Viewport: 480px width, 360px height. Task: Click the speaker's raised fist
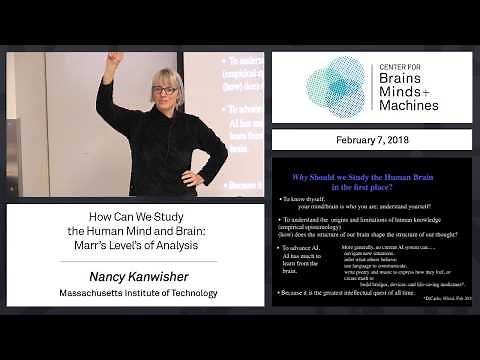[x=116, y=60]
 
